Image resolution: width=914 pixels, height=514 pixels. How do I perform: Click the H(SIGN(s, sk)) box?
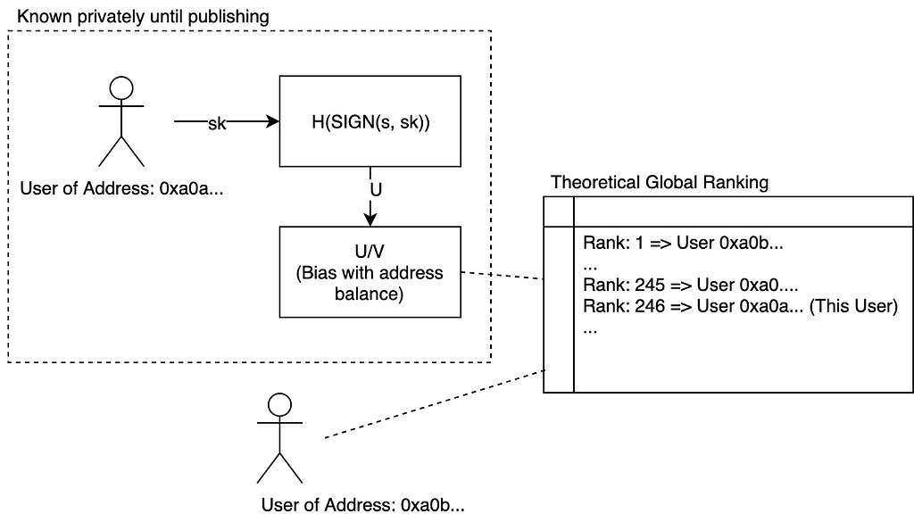370,121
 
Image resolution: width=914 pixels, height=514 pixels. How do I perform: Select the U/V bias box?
370,272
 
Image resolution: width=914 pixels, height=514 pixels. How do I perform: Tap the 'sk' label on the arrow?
217,123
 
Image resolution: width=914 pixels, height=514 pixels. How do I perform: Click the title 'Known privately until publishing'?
144,17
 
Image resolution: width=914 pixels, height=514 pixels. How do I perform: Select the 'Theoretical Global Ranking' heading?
660,182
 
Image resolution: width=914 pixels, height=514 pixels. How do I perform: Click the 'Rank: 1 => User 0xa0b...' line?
688,243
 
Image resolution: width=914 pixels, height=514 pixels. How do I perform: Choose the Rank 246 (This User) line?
740,306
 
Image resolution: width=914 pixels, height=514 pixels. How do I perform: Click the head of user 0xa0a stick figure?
120,87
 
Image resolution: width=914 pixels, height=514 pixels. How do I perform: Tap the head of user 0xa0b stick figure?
280,404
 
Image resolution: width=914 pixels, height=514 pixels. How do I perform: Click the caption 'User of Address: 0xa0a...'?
120,188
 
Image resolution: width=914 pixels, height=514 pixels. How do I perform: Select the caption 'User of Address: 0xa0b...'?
362,505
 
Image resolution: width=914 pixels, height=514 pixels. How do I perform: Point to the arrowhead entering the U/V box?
371,220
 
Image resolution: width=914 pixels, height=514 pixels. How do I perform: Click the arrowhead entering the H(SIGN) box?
271,122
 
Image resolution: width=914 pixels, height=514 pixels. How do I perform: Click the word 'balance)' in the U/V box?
370,294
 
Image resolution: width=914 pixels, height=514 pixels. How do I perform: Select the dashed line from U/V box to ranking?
503,275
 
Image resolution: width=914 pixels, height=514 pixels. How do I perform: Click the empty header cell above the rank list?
742,212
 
